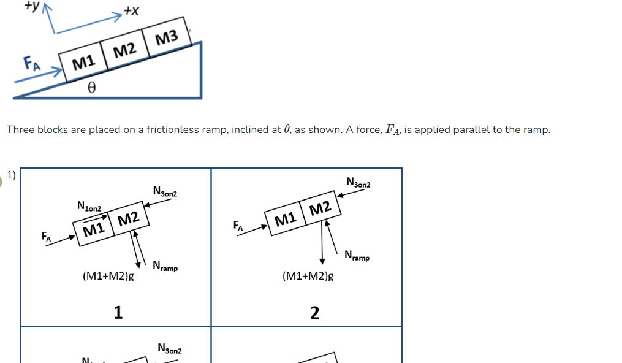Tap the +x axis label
click(x=131, y=10)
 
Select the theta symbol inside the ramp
click(x=91, y=88)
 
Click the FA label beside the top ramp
click(x=31, y=63)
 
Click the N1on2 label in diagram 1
click(x=89, y=207)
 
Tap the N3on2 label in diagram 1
click(x=165, y=192)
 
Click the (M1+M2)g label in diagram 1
click(x=108, y=276)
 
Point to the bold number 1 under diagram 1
click(x=118, y=313)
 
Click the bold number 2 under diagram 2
click(x=314, y=313)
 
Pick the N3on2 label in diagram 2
click(x=358, y=182)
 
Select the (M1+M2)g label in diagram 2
click(x=308, y=276)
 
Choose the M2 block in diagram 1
click(x=128, y=219)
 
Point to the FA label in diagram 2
click(x=238, y=226)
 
